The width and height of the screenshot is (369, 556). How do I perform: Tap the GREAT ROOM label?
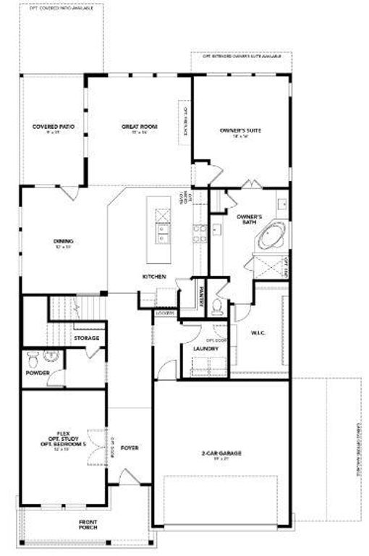[139, 127]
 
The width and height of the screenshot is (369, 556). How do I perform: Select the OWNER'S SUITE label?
[240, 130]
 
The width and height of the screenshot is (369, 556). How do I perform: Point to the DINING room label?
[64, 242]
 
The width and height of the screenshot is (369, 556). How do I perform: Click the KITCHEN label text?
[154, 277]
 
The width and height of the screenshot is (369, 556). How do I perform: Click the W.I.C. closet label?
[258, 333]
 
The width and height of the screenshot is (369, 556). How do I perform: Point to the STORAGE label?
[85, 338]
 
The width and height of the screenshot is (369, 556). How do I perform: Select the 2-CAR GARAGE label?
[221, 453]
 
